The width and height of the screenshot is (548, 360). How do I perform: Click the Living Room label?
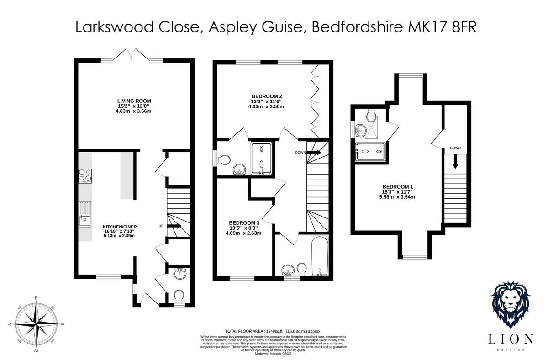pos(134,101)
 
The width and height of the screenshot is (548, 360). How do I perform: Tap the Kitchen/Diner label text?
pos(121,227)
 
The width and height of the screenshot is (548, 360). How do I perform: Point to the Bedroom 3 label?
pos(245,222)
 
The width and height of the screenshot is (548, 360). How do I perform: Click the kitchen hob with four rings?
pos(85,176)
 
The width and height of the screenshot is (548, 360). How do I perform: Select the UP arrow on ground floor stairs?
pos(175,226)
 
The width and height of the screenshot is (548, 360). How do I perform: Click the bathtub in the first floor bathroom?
pos(318,256)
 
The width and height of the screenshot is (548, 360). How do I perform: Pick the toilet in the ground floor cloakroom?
pos(180,296)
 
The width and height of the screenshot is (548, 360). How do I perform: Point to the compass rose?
pos(36,324)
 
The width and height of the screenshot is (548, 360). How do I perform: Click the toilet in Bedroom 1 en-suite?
pos(371,116)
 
